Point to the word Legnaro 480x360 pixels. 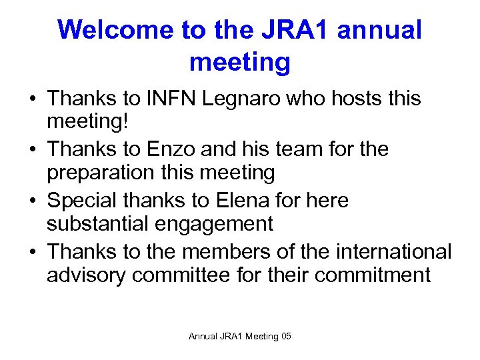click(x=229, y=99)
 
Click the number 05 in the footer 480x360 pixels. click(x=286, y=337)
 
